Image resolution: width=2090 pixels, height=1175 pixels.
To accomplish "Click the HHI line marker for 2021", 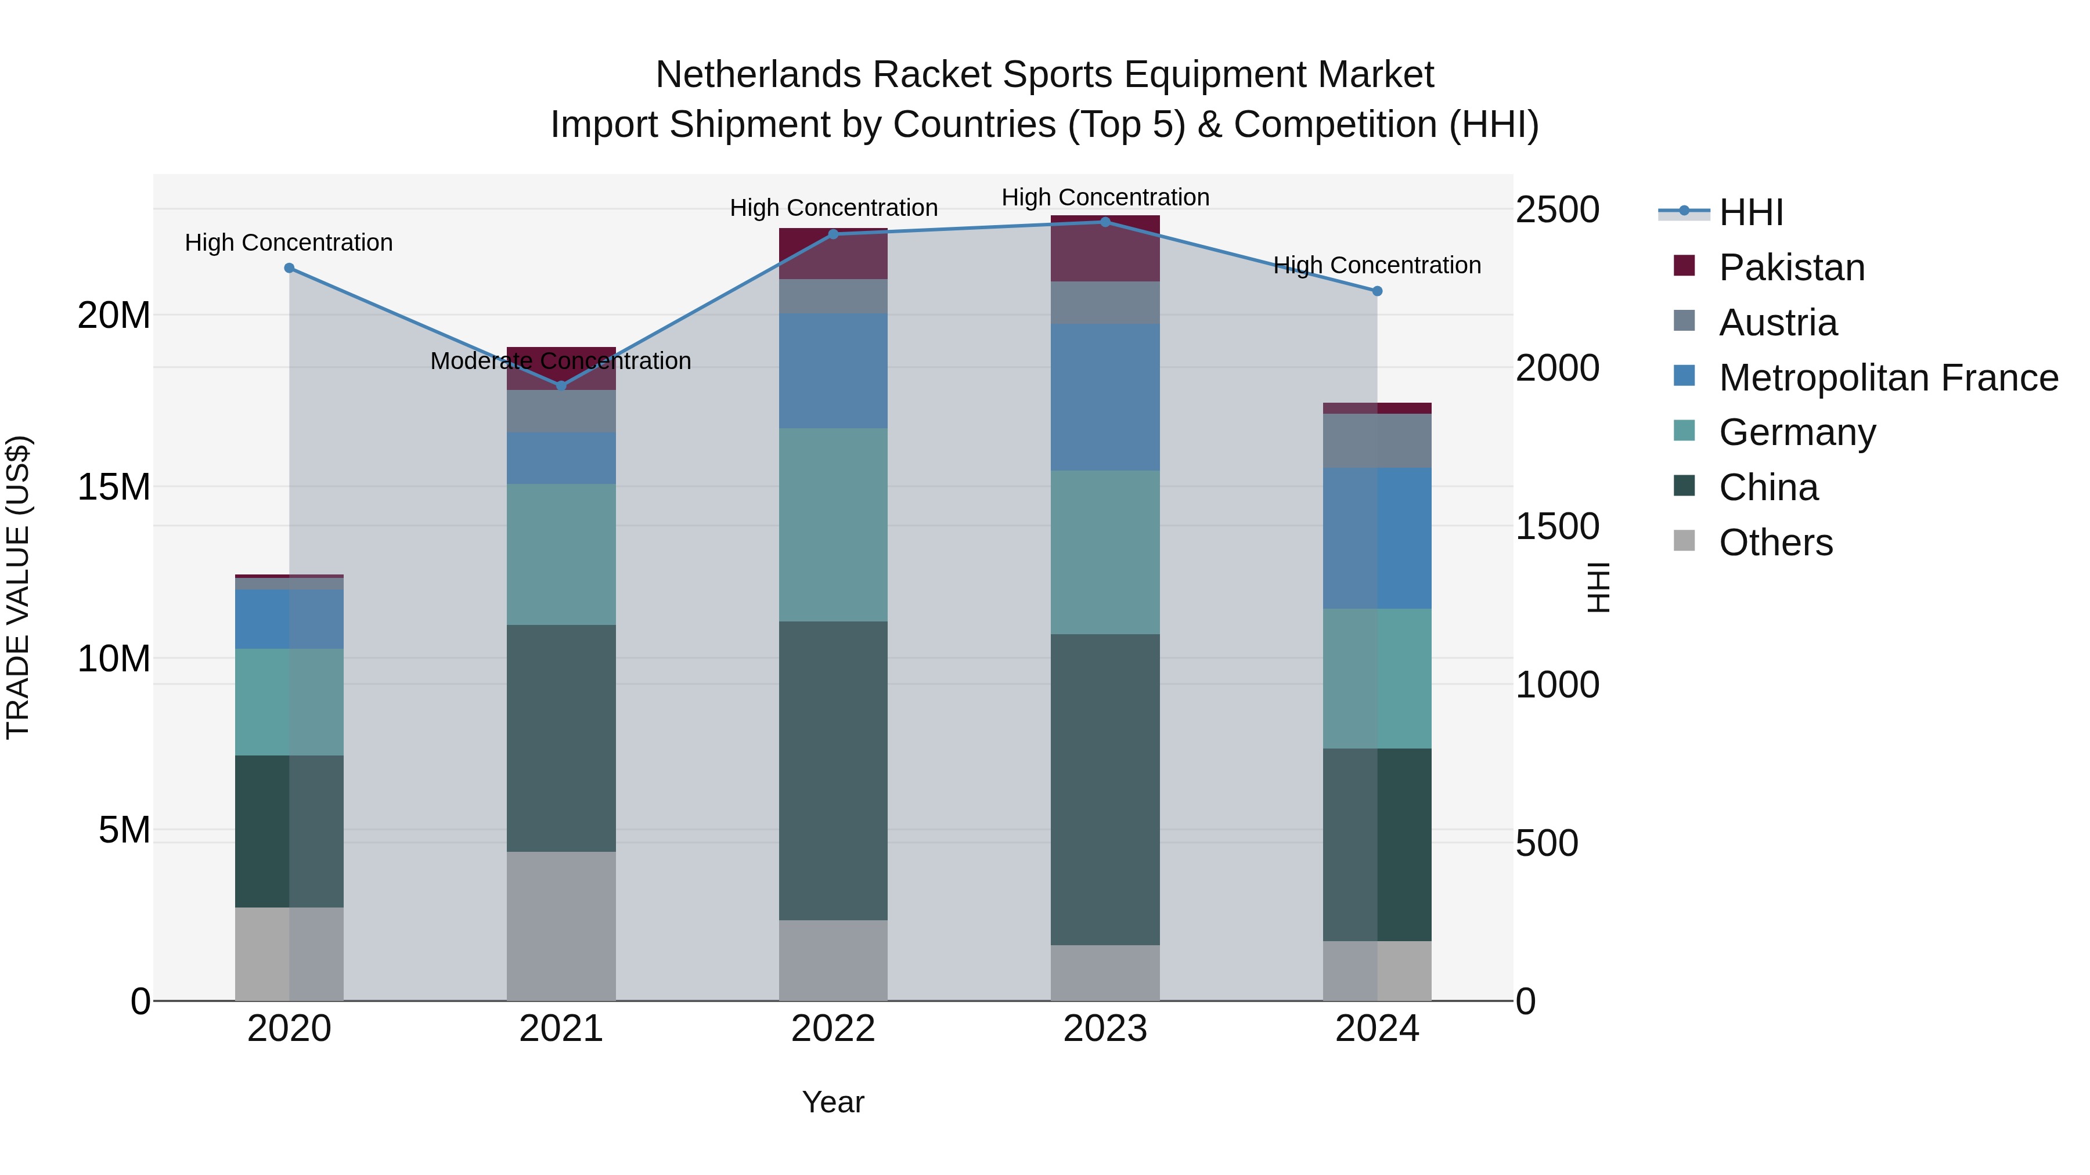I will point(561,386).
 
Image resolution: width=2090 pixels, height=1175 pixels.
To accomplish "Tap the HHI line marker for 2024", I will point(1377,291).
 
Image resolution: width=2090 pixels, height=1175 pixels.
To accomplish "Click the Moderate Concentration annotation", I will point(561,361).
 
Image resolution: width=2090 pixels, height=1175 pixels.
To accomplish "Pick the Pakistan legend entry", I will point(1792,267).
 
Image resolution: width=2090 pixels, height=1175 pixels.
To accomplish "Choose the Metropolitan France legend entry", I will point(1888,378).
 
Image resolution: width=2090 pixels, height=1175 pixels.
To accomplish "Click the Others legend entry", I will point(1775,543).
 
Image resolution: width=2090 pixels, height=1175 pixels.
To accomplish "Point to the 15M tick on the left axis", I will point(114,487).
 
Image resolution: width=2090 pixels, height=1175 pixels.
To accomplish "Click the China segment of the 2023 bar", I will point(1105,789).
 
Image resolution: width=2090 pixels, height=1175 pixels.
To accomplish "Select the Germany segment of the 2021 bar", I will point(561,555).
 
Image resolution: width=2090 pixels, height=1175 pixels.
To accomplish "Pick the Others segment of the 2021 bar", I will point(561,926).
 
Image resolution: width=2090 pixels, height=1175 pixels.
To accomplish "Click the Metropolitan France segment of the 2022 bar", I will point(833,371).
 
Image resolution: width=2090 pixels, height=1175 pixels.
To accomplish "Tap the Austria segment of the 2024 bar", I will point(1377,441).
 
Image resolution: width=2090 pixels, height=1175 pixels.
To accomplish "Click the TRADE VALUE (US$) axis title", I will point(18,587).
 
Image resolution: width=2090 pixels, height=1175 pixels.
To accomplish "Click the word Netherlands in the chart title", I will point(758,75).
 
